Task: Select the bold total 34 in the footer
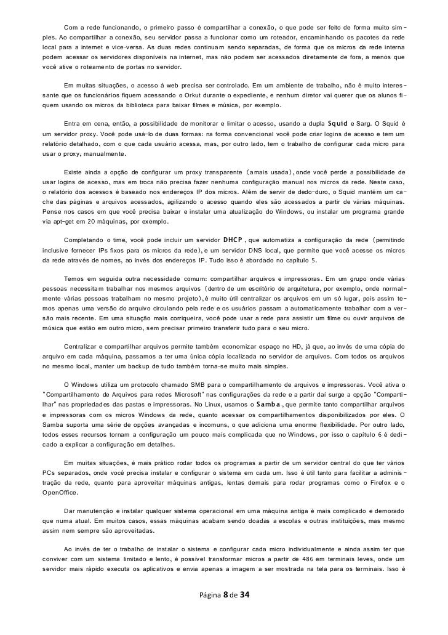pyautogui.click(x=244, y=596)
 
